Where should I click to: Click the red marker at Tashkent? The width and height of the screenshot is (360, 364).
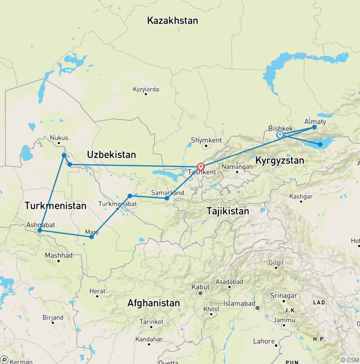click(201, 167)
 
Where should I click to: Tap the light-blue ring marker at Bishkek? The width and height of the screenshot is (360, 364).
click(280, 135)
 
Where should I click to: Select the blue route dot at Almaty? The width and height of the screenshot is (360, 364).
click(315, 127)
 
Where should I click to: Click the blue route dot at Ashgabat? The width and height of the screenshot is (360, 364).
click(40, 230)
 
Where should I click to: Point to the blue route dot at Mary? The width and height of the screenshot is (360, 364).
click(91, 237)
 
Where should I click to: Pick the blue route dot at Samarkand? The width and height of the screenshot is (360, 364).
click(166, 198)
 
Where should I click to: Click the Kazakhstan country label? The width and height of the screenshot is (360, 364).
click(172, 21)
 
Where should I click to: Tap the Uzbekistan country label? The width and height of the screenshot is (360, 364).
click(112, 154)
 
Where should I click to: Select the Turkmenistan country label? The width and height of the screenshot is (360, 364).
click(55, 206)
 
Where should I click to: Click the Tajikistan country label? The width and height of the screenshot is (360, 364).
click(228, 212)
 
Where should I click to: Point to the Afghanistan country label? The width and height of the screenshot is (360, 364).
click(153, 303)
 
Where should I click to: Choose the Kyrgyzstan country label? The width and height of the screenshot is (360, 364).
click(280, 161)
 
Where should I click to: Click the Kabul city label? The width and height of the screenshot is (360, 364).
click(200, 287)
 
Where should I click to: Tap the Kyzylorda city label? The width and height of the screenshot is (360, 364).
click(146, 89)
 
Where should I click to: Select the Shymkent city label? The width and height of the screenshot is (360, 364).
click(206, 140)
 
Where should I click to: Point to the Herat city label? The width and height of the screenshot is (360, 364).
click(97, 291)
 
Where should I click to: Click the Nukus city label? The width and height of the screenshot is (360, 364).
click(59, 138)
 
